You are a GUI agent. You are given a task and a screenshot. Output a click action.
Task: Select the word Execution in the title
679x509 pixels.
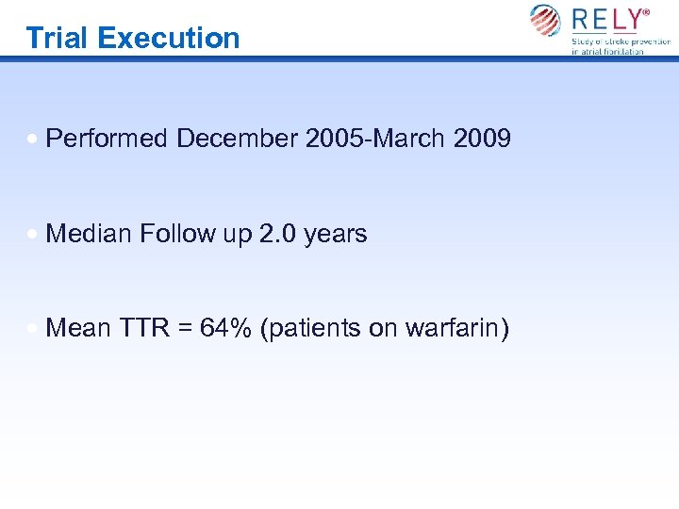pyautogui.click(x=169, y=38)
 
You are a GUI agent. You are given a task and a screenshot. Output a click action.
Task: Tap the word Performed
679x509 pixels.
pyautogui.click(x=107, y=139)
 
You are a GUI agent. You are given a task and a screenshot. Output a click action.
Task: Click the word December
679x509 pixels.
pyautogui.click(x=237, y=139)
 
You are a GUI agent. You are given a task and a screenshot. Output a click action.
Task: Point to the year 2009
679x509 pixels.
pyautogui.click(x=481, y=139)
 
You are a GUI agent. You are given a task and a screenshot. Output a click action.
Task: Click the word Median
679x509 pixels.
pyautogui.click(x=89, y=234)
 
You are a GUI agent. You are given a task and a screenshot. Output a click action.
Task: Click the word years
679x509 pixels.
pyautogui.click(x=336, y=234)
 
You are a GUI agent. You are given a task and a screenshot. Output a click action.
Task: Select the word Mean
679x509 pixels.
pyautogui.click(x=78, y=328)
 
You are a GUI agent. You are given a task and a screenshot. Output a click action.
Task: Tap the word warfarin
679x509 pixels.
pyautogui.click(x=456, y=328)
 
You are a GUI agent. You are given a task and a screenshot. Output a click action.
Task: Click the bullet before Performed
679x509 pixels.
pyautogui.click(x=34, y=140)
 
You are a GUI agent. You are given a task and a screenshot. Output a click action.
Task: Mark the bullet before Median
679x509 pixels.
pyautogui.click(x=34, y=235)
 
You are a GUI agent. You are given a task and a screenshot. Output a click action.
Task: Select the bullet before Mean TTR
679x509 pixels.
pyautogui.click(x=34, y=329)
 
